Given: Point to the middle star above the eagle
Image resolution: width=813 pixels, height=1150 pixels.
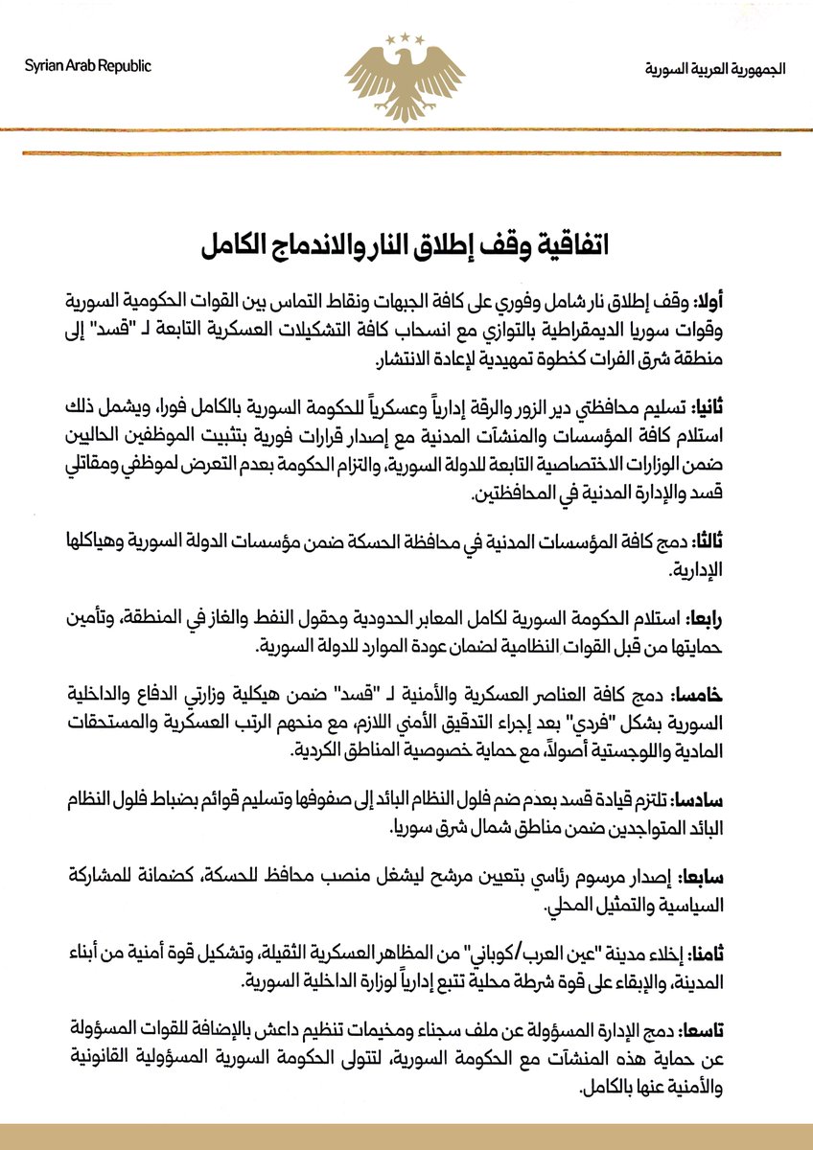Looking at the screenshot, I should pos(406,35).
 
